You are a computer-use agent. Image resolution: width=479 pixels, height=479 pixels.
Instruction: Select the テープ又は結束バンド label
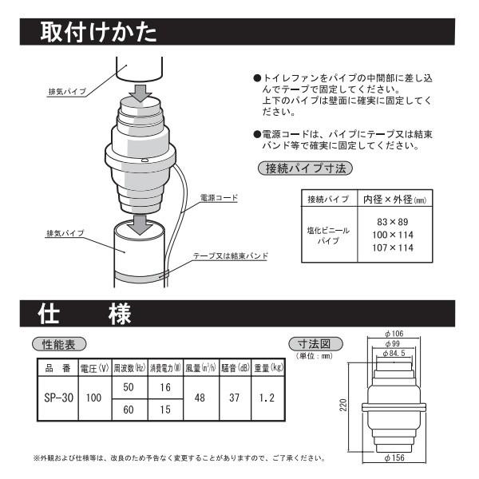pyautogui.click(x=231, y=256)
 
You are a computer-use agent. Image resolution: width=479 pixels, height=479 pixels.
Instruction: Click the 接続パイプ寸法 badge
pyautogui.click(x=305, y=168)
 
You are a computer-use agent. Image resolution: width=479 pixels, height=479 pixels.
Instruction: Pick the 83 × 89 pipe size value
pyautogui.click(x=387, y=220)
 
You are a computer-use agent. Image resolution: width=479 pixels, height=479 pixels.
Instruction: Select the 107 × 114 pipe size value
pyautogui.click(x=387, y=247)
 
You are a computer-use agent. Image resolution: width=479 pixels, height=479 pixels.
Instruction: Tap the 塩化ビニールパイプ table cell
pyautogui.click(x=327, y=234)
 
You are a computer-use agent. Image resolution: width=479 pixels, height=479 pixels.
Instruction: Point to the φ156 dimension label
pyautogui.click(x=397, y=459)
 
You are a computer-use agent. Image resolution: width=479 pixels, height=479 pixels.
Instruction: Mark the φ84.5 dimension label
pyautogui.click(x=397, y=352)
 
